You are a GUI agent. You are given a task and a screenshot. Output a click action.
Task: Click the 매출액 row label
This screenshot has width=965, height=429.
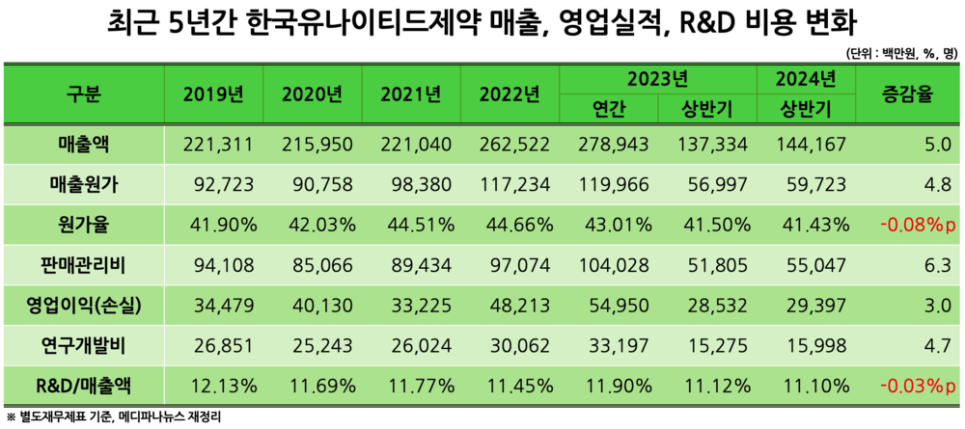[84, 145]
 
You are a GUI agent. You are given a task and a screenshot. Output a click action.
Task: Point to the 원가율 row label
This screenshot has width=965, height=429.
[84, 225]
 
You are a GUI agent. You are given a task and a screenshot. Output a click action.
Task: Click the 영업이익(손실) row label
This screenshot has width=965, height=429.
[84, 306]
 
